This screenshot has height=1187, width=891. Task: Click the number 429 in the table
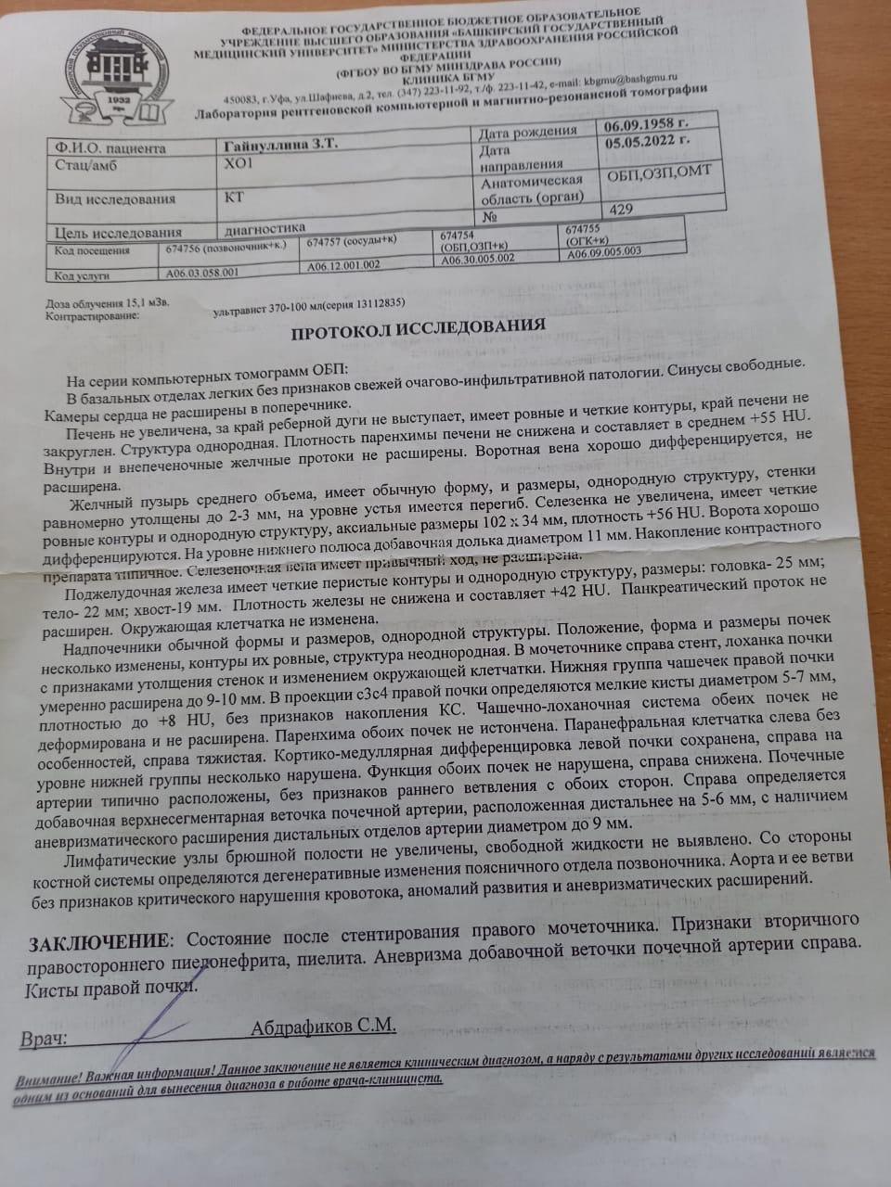[x=621, y=209]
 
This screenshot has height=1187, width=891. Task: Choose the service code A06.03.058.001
[x=201, y=274]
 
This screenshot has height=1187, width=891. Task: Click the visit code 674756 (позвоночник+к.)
[x=229, y=249]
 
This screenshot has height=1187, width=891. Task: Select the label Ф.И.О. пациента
[x=110, y=147]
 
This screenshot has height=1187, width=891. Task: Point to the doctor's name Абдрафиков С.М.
[x=323, y=1026]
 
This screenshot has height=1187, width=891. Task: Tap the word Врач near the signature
[x=44, y=1037]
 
